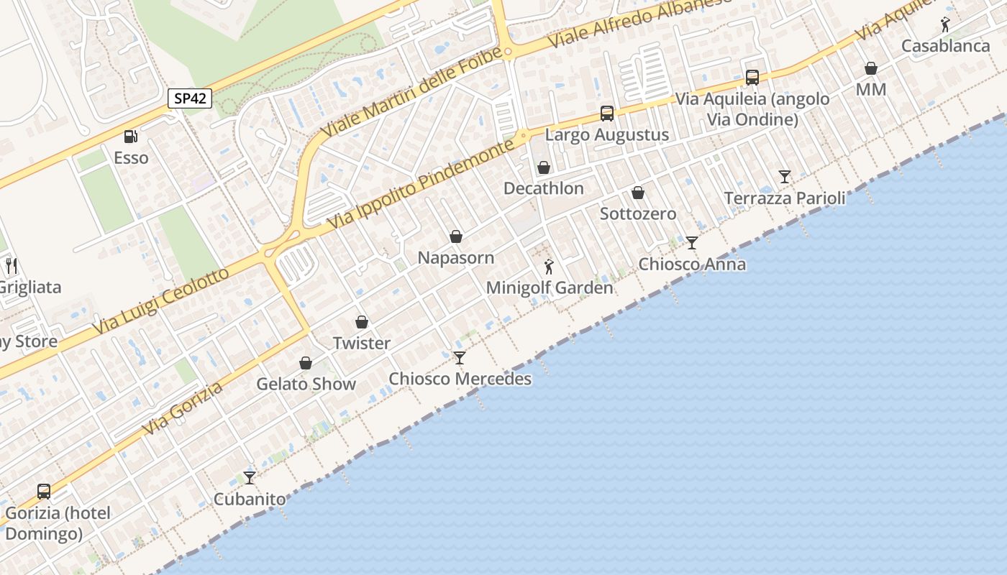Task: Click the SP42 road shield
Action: click(190, 98)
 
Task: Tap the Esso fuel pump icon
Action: click(130, 136)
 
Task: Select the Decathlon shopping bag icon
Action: click(544, 167)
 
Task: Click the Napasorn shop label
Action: click(456, 258)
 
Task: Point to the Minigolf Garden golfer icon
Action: click(549, 267)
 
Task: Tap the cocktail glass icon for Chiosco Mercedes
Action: click(460, 357)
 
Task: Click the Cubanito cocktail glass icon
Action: click(250, 477)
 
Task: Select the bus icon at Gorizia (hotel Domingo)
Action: click(44, 492)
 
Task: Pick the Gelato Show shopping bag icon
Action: click(306, 363)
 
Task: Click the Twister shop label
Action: click(362, 344)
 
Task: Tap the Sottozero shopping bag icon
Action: click(637, 193)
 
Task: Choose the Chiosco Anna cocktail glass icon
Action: click(692, 243)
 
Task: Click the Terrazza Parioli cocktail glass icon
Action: click(785, 177)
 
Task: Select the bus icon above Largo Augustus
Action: click(607, 114)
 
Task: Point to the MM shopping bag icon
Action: click(871, 68)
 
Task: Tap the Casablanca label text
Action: click(946, 46)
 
